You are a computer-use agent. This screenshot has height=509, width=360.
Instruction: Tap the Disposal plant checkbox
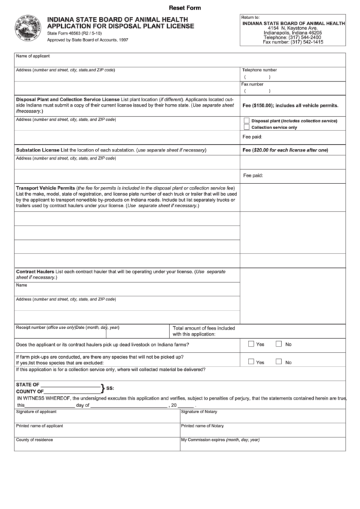246,120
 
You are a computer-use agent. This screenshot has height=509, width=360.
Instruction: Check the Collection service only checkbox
246,127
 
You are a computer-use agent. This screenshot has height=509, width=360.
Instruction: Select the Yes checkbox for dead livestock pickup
251,344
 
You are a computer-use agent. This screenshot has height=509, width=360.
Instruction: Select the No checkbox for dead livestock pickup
278,344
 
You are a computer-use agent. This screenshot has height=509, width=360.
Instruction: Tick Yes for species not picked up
251,362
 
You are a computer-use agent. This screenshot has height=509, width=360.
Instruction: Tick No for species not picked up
278,362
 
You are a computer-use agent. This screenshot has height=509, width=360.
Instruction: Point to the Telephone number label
259,70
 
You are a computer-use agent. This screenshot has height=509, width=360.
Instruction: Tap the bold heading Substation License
37,149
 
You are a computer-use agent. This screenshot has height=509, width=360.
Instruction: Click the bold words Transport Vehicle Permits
45,187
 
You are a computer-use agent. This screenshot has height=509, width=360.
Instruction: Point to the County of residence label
34,440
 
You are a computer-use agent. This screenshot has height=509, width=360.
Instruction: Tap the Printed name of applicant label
39,426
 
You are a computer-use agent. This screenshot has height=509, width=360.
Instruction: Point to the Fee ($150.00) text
257,106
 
